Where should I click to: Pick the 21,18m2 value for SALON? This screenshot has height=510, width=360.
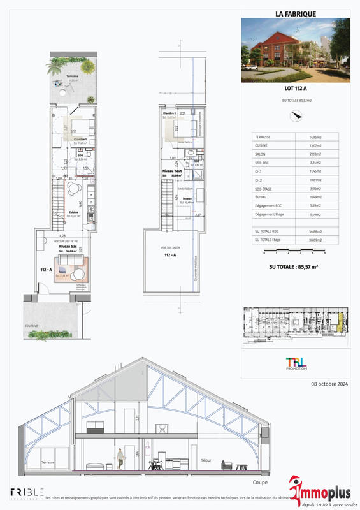pos(317,154)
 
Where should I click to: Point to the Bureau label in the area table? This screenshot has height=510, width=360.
pos(261,196)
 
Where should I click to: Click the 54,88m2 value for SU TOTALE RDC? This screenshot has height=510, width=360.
pos(317,231)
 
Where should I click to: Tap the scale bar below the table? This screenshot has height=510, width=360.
pos(294,252)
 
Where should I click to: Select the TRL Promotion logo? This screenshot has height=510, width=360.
pos(295,363)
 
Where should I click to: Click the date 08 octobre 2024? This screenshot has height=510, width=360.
pos(329,384)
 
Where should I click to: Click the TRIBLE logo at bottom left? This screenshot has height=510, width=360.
pos(27,492)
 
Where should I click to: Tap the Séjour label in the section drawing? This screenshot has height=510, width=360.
pos(206,460)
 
